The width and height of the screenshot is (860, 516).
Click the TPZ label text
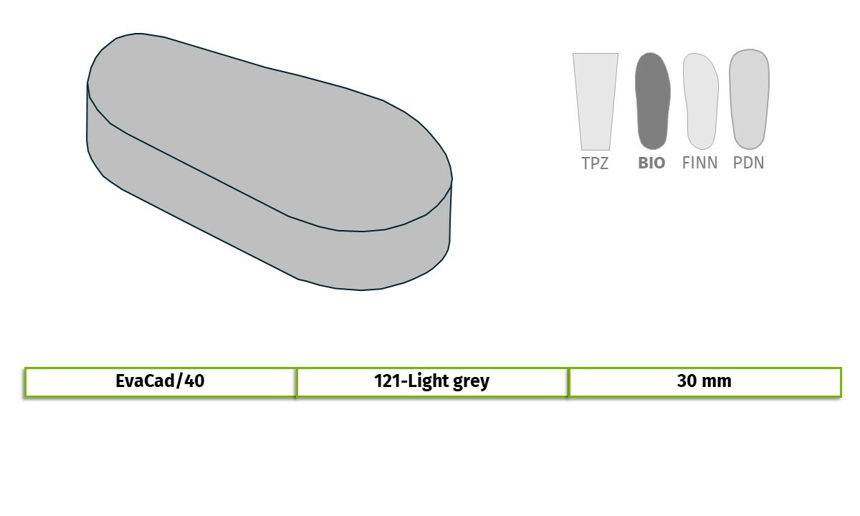pyautogui.click(x=595, y=163)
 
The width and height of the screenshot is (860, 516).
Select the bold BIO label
pyautogui.click(x=651, y=163)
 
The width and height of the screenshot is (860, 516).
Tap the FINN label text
pyautogui.click(x=699, y=163)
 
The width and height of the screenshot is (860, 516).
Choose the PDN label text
pyautogui.click(x=748, y=163)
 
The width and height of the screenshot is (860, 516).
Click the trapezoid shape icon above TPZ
pyautogui.click(x=596, y=101)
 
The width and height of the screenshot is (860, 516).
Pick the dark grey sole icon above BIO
pyautogui.click(x=653, y=100)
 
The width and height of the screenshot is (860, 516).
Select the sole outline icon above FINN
pyautogui.click(x=701, y=101)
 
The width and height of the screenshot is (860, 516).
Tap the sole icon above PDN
pyautogui.click(x=749, y=99)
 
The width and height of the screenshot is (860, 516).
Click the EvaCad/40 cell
pyautogui.click(x=160, y=382)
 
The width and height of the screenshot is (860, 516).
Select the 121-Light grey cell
pyautogui.click(x=432, y=382)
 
